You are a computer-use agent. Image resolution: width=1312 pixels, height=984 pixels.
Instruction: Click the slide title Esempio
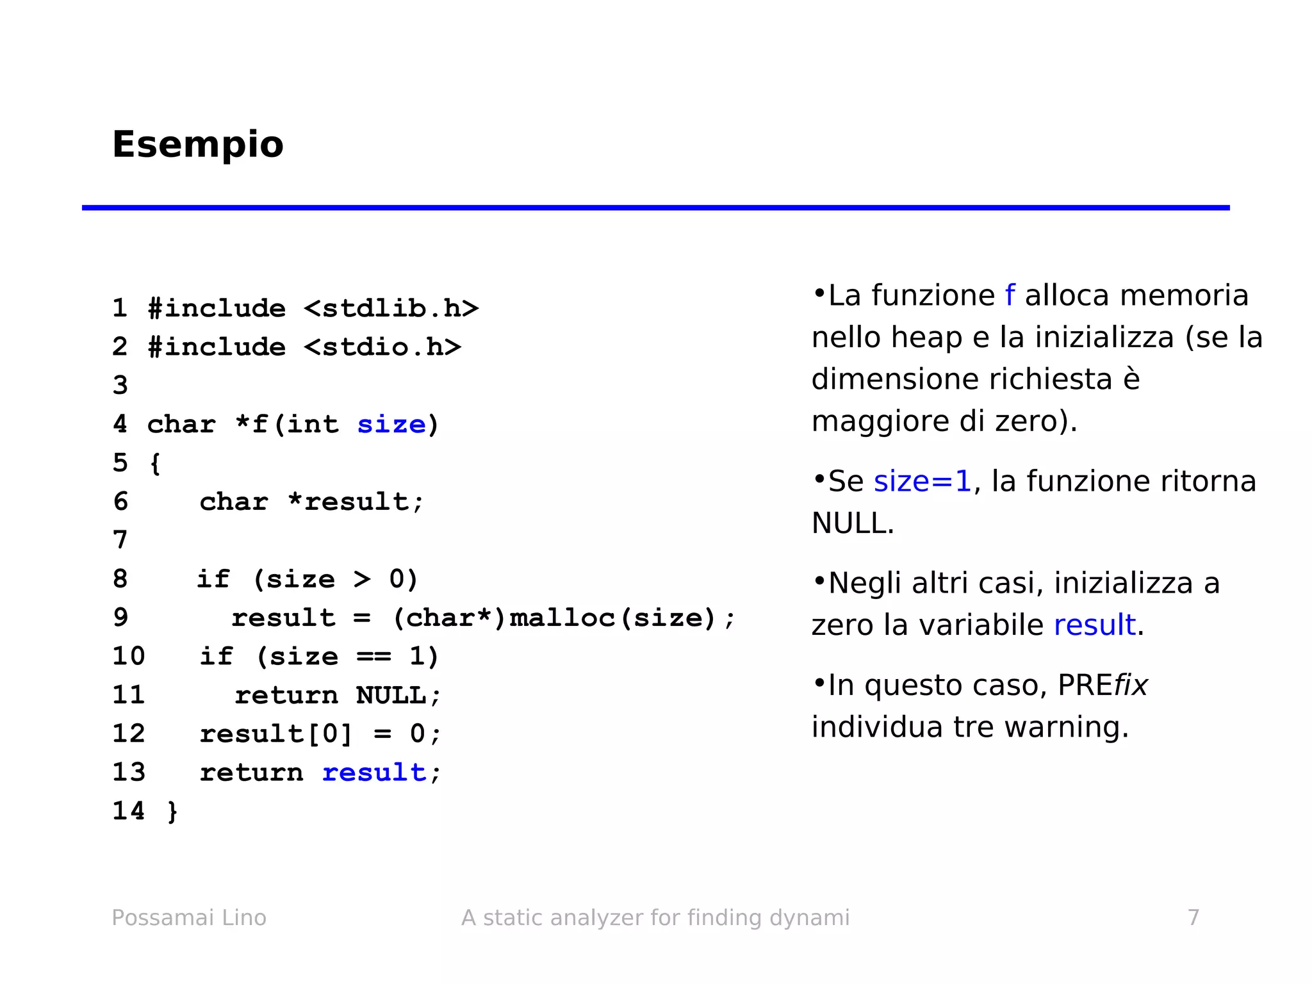197,145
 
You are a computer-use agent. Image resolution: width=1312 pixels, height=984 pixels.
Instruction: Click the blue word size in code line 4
391,425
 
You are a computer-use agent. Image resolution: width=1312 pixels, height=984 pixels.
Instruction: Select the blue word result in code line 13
374,773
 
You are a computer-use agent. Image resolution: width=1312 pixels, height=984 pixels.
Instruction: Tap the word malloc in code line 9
562,618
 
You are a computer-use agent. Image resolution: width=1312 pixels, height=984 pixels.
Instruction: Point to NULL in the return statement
391,696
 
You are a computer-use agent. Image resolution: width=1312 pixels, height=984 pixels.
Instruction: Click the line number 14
128,811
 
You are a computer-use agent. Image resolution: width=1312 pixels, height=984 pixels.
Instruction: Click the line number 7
120,540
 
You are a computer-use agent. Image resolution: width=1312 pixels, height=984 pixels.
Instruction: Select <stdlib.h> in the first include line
391,309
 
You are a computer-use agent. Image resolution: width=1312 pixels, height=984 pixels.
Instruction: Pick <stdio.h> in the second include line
382,347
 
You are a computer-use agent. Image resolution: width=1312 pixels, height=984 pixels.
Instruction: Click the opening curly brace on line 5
154,463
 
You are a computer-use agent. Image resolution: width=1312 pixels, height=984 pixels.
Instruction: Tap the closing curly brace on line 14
172,812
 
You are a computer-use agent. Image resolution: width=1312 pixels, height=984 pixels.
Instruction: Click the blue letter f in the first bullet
1010,296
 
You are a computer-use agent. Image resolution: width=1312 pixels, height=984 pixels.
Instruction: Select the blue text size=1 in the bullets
922,482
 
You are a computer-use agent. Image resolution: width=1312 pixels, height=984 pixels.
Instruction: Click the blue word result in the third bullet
1094,625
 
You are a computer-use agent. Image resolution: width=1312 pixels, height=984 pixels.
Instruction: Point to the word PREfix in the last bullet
1103,685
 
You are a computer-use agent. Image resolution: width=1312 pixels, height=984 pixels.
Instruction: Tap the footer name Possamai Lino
189,918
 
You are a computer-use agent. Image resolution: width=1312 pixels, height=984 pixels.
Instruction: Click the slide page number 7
1193,918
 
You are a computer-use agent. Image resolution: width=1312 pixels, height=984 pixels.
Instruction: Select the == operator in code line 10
373,657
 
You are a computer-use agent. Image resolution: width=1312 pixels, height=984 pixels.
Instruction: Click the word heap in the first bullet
926,338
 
